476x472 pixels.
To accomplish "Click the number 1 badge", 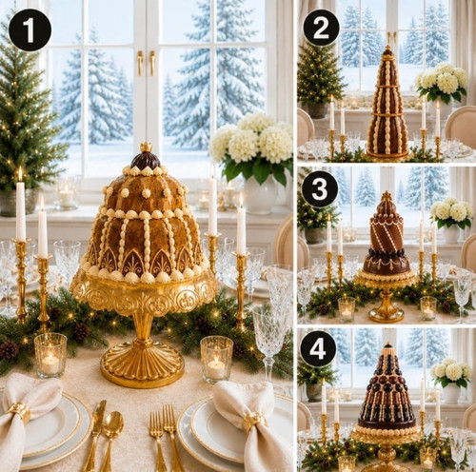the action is click(x=30, y=29).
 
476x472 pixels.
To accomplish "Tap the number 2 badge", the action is click(x=321, y=29).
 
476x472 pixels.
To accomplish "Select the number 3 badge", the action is click(x=320, y=189).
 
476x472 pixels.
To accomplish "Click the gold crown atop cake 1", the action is click(x=147, y=147).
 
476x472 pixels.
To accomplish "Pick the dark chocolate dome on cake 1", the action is click(x=146, y=160).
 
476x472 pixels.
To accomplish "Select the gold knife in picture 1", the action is click(x=94, y=435).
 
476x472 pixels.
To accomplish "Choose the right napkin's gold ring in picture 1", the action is click(x=254, y=422).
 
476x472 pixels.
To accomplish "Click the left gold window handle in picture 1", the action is click(x=140, y=63).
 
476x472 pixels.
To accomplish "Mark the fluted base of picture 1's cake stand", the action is click(x=142, y=364).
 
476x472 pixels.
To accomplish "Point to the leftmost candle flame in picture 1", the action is click(x=20, y=173).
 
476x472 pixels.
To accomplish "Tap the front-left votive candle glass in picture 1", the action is click(x=50, y=355).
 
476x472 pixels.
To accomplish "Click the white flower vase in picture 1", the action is click(x=260, y=196).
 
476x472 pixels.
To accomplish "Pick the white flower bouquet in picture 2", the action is click(x=442, y=78).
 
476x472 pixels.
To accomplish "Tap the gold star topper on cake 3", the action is click(x=387, y=196).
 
